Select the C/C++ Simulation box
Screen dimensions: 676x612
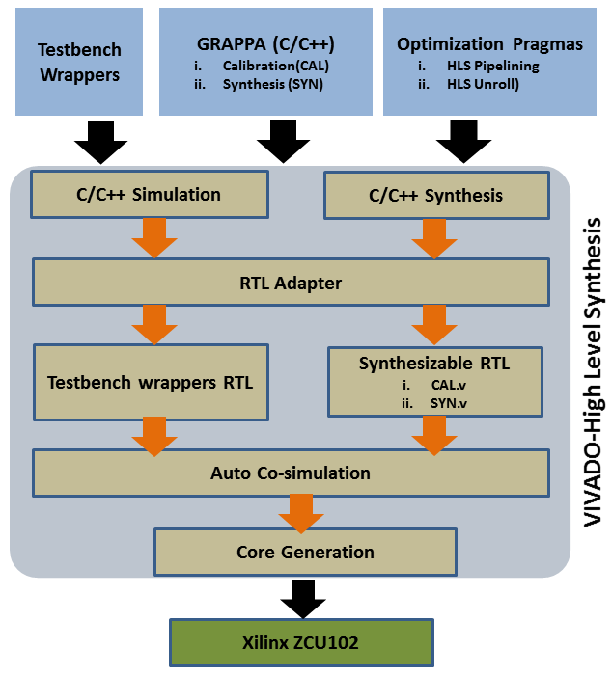pos(150,195)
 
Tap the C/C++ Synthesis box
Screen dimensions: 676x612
pos(435,196)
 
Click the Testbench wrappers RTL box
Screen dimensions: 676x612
pos(150,382)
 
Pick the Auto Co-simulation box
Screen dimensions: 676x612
pos(292,473)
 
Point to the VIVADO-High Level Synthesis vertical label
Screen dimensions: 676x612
pos(592,371)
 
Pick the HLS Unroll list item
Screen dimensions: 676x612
pos(482,84)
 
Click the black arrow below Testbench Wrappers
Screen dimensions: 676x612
pos(100,142)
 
